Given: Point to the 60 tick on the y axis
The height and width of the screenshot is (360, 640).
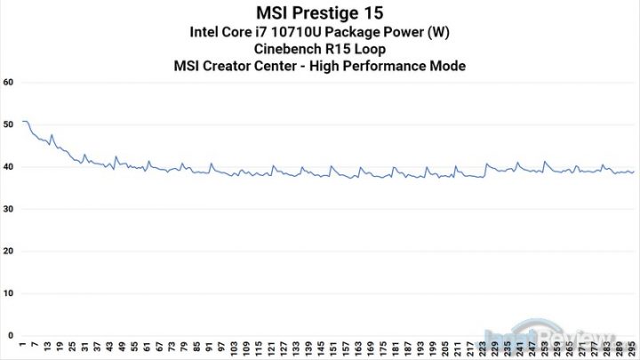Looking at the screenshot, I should (x=9, y=83).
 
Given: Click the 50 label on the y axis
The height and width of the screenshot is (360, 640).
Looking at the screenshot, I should (x=9, y=125).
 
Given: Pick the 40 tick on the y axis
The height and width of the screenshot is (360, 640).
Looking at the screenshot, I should (x=9, y=167).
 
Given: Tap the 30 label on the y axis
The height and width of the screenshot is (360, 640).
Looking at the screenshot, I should (x=9, y=210).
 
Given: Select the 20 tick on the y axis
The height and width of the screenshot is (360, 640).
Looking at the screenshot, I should (x=9, y=252).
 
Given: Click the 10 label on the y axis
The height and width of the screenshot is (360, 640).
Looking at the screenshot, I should (x=9, y=293).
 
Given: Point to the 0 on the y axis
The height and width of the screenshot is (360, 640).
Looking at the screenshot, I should (x=12, y=335).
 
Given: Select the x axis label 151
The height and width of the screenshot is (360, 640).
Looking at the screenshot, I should (x=333, y=347).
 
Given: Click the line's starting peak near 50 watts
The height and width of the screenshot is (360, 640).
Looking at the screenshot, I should (x=24, y=121).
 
